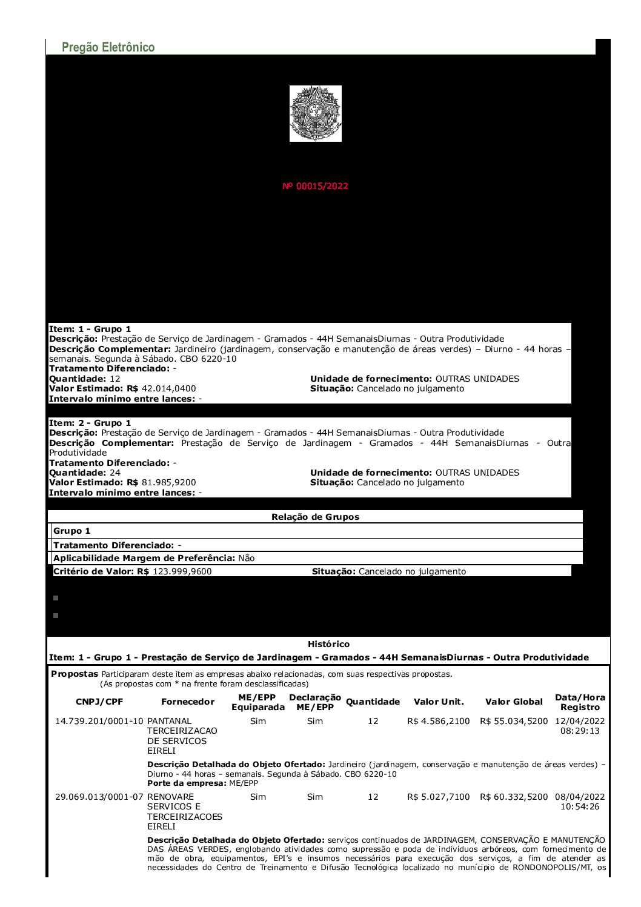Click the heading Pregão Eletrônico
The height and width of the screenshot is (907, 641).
108,47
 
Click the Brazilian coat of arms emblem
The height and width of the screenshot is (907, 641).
315,113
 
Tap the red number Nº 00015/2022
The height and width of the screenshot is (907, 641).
315,186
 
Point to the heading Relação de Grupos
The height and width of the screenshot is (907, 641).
315,517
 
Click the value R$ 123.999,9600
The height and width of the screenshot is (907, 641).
182,571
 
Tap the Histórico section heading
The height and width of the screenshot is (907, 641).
328,644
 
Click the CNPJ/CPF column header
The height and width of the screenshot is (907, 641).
99,702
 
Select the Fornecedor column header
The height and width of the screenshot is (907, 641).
188,702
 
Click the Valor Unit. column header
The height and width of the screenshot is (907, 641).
439,702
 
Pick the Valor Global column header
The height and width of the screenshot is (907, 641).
514,702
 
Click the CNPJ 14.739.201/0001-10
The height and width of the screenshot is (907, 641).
99,721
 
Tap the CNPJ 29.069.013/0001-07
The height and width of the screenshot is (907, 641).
99,797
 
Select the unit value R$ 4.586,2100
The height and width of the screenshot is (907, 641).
439,721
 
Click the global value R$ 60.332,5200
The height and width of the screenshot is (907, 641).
514,797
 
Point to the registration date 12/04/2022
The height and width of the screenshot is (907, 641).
580,721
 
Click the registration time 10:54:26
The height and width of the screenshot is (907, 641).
580,806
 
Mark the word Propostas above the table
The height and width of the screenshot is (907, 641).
75,674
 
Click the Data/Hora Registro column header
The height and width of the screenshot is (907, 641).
580,702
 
